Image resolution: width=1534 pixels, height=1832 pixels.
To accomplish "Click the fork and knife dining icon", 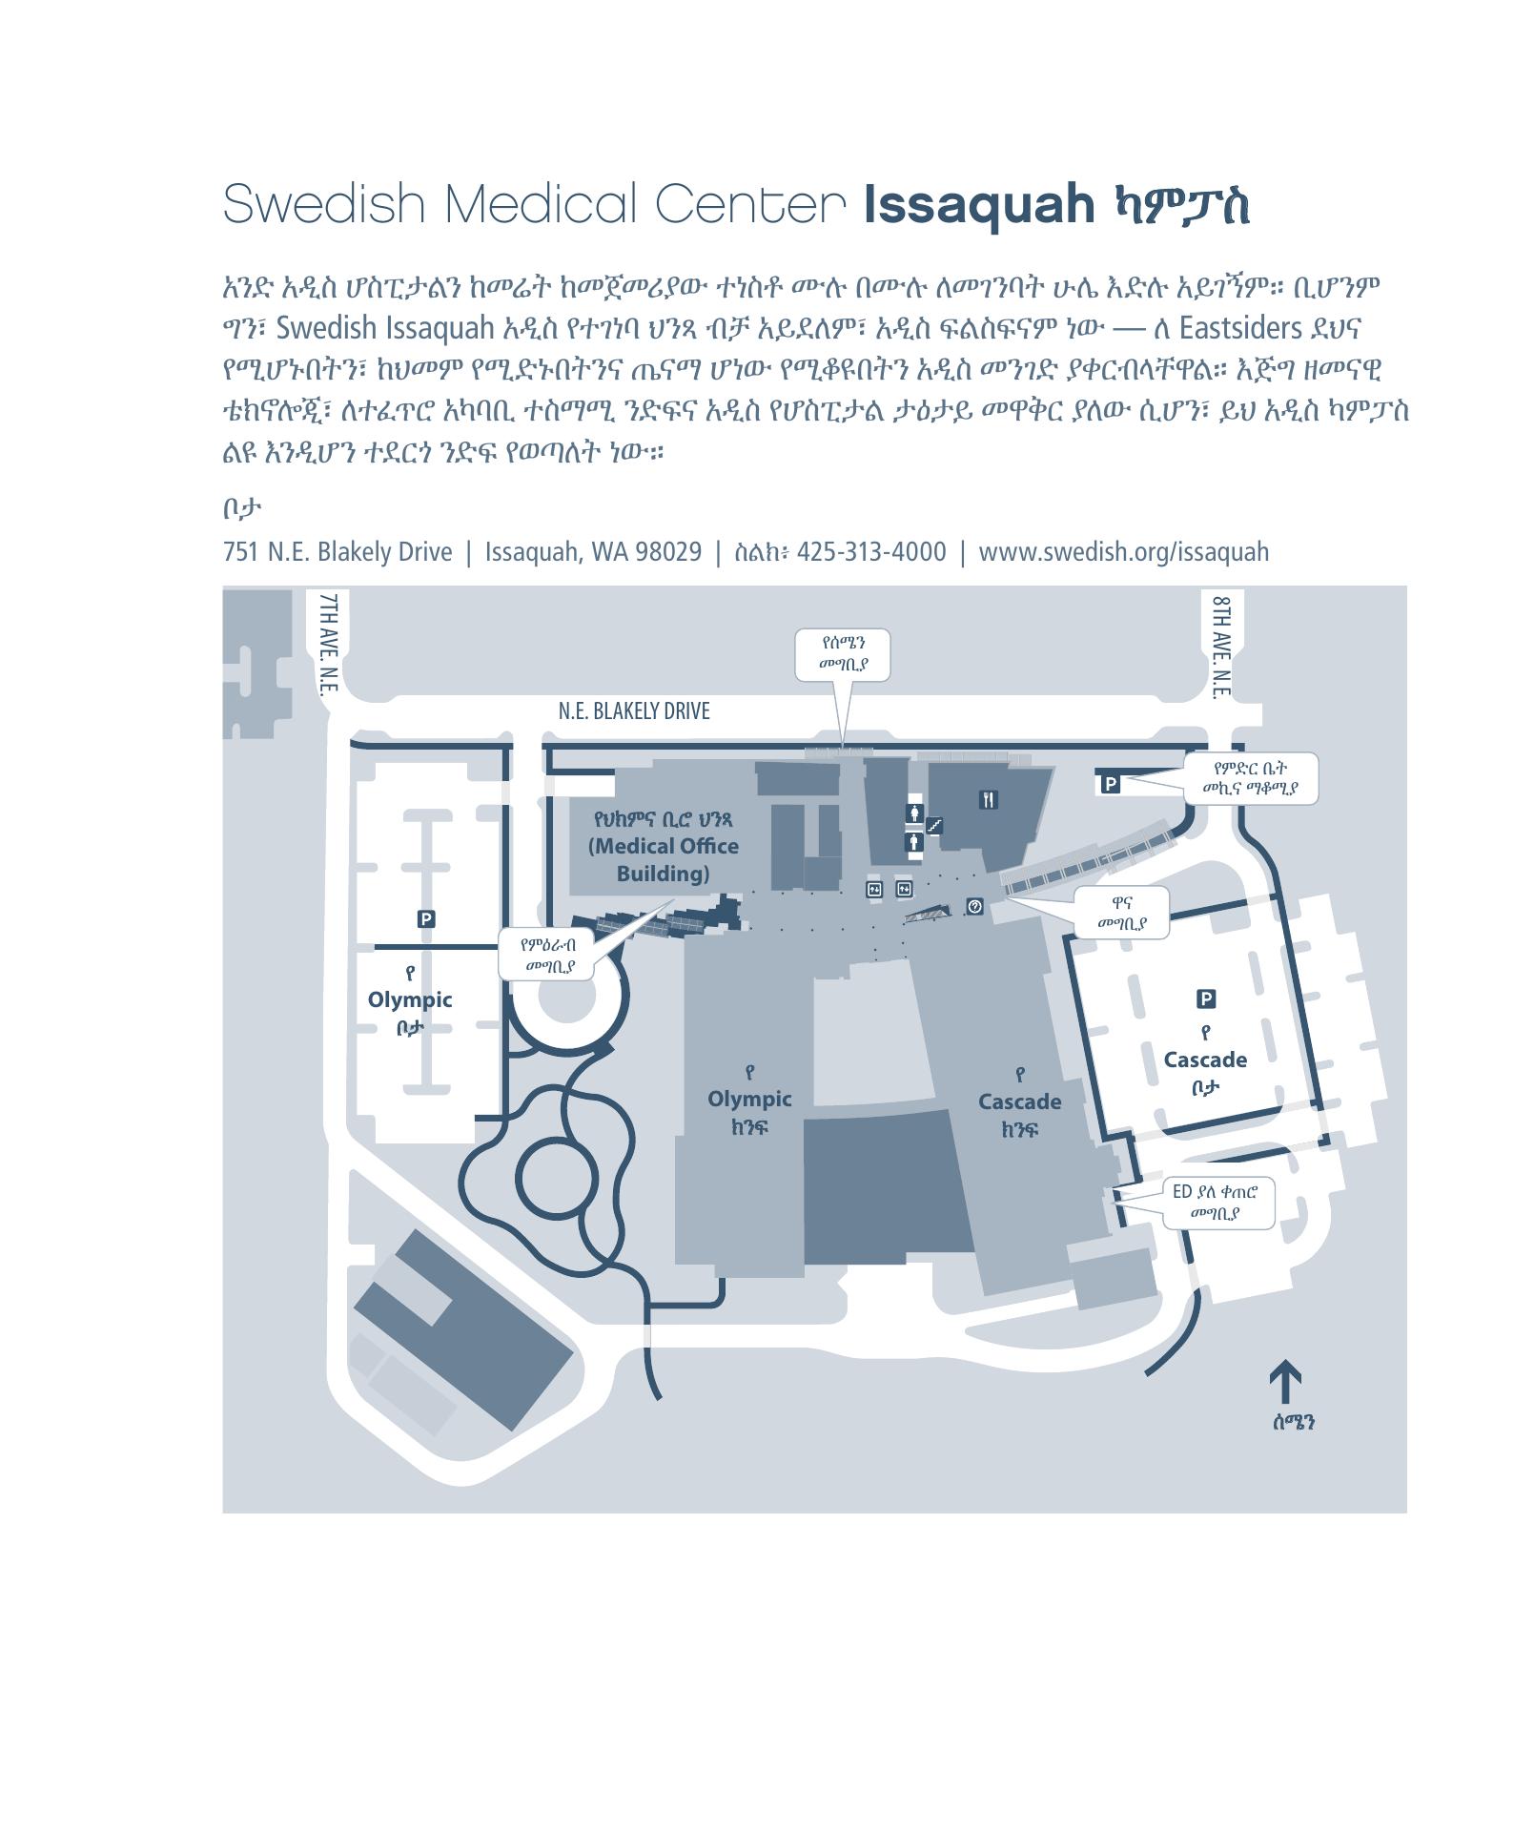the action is point(988,799).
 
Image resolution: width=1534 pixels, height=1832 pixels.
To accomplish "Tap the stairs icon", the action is point(935,825).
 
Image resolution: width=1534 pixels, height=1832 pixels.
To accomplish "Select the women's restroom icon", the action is point(915,813).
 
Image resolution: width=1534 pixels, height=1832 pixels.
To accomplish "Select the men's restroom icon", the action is point(915,842).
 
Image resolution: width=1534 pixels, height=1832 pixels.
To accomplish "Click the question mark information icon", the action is point(974,906).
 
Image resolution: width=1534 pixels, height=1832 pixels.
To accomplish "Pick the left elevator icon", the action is point(874,889).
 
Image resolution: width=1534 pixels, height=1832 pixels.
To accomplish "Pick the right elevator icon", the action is point(904,889).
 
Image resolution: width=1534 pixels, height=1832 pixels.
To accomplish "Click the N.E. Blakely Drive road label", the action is point(634,710).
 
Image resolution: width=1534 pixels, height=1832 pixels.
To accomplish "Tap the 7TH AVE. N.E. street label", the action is point(329,646).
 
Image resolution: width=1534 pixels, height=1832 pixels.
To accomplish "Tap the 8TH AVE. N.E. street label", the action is point(1223,648).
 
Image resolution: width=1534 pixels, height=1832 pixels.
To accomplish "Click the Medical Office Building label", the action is point(664,847).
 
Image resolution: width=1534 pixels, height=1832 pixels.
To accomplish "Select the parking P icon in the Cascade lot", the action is point(1206,998).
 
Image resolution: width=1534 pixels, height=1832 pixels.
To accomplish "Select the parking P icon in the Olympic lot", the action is point(426,918).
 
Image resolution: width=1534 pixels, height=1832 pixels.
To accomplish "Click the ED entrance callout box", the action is point(1218,1203).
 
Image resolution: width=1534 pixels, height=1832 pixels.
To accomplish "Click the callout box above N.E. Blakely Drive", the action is point(843,654).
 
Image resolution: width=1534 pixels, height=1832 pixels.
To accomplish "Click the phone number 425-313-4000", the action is point(871,551).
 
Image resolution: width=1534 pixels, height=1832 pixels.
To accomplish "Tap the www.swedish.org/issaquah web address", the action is point(1124,551).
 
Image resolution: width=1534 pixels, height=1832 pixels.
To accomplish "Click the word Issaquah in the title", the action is point(979,203).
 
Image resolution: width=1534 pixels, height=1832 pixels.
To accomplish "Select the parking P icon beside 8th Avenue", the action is point(1111,783).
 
